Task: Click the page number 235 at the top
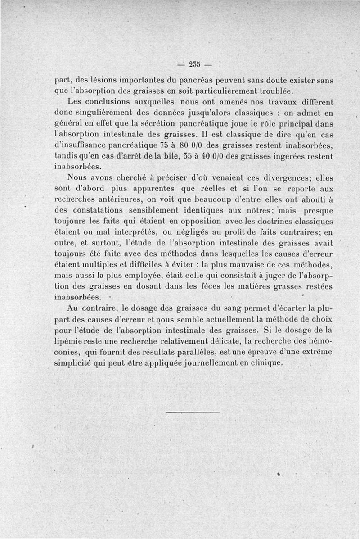point(194,63)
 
